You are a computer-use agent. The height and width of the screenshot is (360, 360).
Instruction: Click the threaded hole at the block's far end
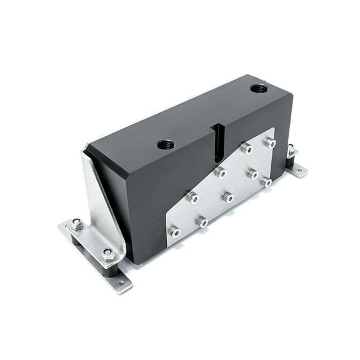(259, 89)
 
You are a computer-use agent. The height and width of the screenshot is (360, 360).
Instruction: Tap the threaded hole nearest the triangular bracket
(166, 145)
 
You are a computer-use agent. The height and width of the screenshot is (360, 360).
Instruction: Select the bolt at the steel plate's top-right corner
(270, 143)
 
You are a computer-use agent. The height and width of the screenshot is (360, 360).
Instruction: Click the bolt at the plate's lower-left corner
(175, 232)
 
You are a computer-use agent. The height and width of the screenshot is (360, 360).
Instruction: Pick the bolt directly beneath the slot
(219, 172)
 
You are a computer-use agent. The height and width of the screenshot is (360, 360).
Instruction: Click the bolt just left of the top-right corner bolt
(247, 149)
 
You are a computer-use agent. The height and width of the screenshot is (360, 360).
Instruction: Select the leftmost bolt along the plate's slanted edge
(193, 197)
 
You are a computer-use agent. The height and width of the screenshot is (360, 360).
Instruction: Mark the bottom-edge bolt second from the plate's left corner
(202, 221)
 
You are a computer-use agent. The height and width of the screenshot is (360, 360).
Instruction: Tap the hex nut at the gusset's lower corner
(107, 253)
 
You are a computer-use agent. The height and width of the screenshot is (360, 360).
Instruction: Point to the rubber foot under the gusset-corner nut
(111, 269)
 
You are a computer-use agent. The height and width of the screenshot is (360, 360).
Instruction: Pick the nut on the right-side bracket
(291, 150)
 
